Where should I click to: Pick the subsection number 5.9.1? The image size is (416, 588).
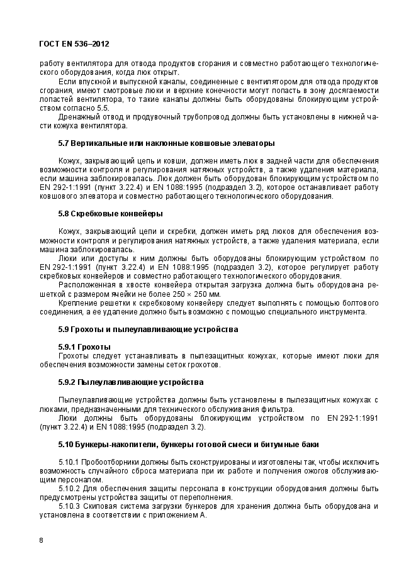[x=67, y=347]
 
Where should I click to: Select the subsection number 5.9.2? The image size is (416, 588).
[x=67, y=382]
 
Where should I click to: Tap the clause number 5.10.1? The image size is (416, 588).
[x=69, y=462]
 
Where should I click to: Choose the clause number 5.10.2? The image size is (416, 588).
[x=69, y=488]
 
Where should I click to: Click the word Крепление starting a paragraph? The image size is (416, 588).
[x=77, y=302]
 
